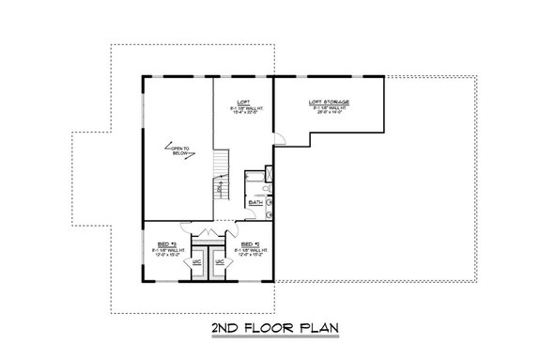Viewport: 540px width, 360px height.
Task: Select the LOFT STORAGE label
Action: (x=329, y=101)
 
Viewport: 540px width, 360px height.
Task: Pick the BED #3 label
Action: (x=167, y=240)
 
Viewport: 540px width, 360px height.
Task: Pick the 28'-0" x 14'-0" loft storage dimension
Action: (x=329, y=112)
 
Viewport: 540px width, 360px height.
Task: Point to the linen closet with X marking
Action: (x=269, y=173)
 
